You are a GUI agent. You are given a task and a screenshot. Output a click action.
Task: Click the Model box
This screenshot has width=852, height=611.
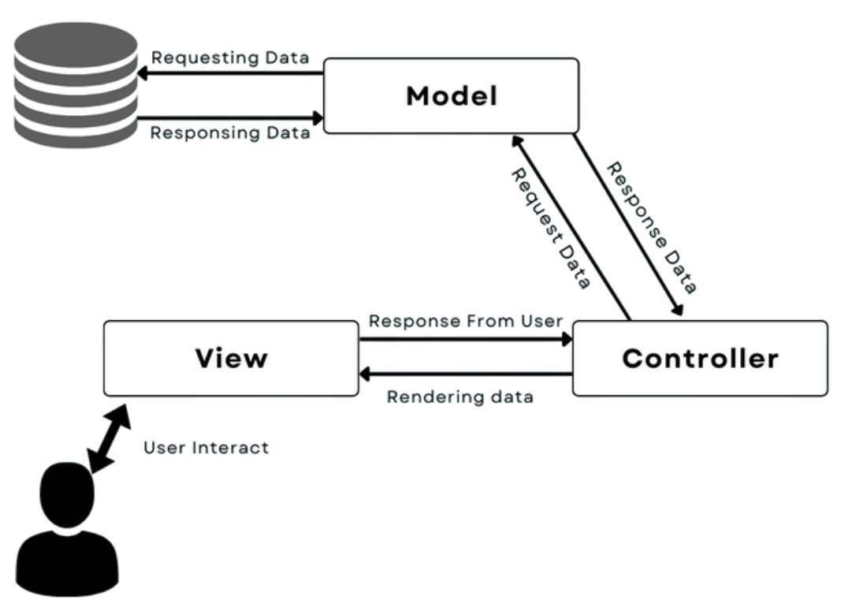pyautogui.click(x=452, y=96)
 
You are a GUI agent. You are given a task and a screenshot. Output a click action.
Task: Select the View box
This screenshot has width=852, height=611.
pyautogui.click(x=230, y=358)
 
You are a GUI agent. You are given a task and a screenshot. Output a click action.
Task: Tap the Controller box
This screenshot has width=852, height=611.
pyautogui.click(x=700, y=358)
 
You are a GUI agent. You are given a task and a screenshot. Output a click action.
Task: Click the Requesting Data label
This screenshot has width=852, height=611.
pyautogui.click(x=229, y=58)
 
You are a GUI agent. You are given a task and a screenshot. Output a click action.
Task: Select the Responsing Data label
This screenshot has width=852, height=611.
pyautogui.click(x=229, y=133)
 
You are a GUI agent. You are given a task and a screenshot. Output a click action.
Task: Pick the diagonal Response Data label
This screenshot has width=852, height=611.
pyautogui.click(x=653, y=228)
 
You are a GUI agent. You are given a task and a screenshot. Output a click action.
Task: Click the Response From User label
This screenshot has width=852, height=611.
pyautogui.click(x=465, y=321)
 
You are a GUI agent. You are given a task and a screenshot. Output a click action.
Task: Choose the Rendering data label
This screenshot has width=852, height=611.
pyautogui.click(x=459, y=397)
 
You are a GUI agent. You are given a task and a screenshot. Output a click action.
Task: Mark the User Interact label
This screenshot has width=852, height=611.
pyautogui.click(x=206, y=448)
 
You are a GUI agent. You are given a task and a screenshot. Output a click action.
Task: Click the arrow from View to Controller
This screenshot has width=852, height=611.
pyautogui.click(x=465, y=341)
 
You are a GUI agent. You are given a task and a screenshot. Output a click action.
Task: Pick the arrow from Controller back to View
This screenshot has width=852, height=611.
pyautogui.click(x=465, y=376)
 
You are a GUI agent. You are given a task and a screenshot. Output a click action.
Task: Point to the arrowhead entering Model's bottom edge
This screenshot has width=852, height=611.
pyautogui.click(x=517, y=142)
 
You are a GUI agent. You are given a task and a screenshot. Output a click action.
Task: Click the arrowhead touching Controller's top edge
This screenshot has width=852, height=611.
pyautogui.click(x=677, y=311)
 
